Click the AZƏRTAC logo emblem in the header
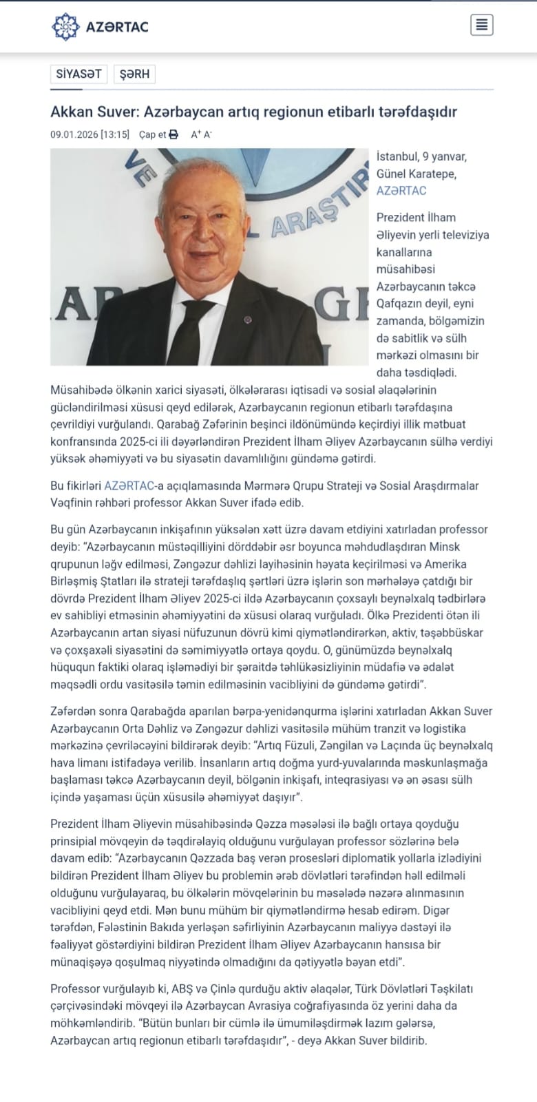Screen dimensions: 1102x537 tap(65, 27)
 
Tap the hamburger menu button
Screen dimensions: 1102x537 tap(482, 25)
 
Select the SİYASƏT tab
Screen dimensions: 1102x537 tap(78, 74)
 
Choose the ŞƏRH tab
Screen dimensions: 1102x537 tap(134, 74)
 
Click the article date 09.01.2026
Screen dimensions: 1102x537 tap(74, 134)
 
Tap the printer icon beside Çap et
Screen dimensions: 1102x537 tap(173, 134)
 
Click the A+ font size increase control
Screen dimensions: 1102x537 tap(196, 134)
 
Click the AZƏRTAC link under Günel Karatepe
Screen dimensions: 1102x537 tap(401, 191)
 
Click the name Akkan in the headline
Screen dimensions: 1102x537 tap(70, 112)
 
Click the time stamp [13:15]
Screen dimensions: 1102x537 tap(115, 134)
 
